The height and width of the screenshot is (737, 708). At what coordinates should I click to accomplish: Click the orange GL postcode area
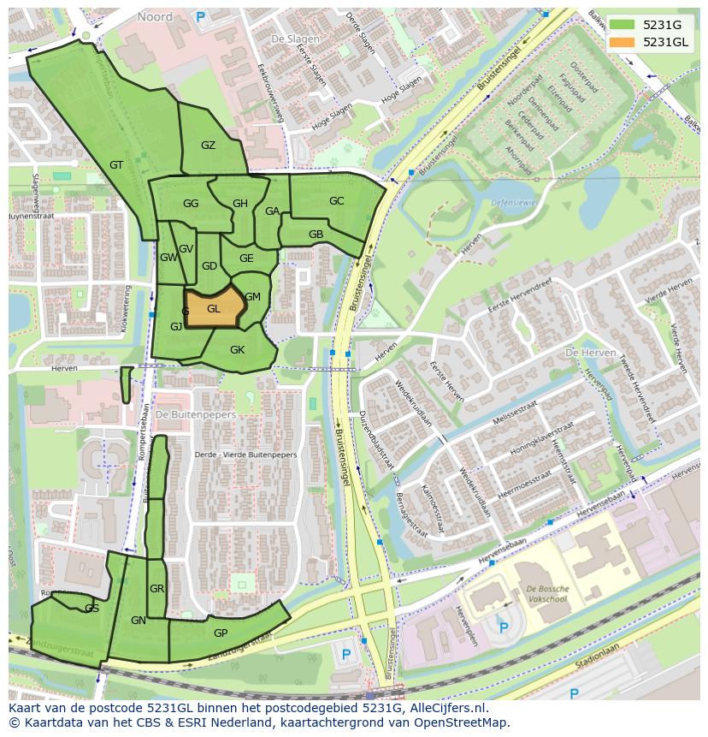point(214,309)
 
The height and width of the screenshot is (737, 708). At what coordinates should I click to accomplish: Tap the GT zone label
point(117,165)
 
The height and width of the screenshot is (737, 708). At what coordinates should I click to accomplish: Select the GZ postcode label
point(208,146)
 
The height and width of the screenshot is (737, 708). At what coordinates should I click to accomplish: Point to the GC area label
point(336,201)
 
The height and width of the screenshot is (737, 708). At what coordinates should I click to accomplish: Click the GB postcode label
point(316,235)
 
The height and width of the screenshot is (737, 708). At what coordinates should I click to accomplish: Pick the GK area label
point(237,350)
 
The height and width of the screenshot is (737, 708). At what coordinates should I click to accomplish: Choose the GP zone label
point(221,633)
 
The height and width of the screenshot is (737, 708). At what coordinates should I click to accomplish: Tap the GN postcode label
point(139,621)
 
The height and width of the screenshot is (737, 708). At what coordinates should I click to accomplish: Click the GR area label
point(156,589)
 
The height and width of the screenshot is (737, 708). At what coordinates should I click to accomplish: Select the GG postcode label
point(191,204)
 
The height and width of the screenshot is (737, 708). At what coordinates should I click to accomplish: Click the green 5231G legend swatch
point(622,25)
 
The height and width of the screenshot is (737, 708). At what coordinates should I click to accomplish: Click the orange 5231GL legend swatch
point(622,42)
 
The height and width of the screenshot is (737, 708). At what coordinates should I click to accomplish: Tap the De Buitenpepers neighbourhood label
point(196,414)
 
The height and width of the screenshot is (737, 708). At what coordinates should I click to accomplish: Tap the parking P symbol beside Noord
point(201,16)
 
